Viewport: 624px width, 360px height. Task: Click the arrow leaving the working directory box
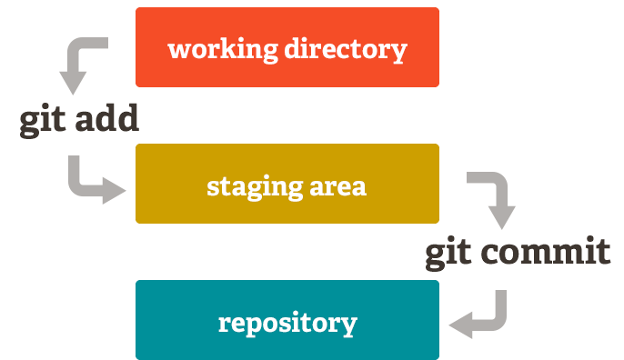(x=82, y=64)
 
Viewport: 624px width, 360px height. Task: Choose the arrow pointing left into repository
(x=482, y=315)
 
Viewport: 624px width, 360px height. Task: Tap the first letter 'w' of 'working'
(x=179, y=49)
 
